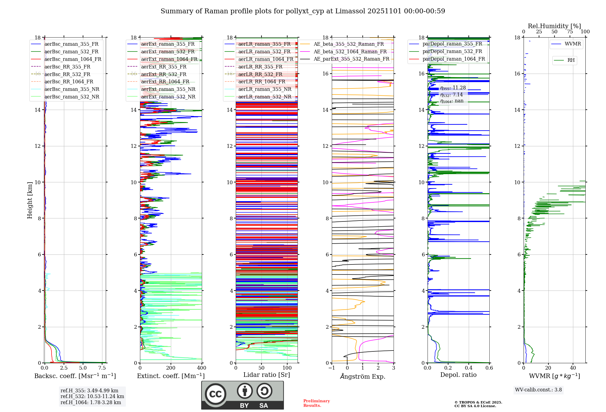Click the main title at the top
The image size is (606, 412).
(x=303, y=11)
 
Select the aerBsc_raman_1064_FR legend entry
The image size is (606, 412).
(x=73, y=59)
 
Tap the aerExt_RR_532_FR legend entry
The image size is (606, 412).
(x=164, y=74)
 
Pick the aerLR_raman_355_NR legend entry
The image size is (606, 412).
(x=265, y=89)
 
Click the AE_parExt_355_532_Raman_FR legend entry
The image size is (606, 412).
(x=351, y=59)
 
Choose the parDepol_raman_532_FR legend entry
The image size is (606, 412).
(x=452, y=51)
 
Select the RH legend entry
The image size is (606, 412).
(x=571, y=60)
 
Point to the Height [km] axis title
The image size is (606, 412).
(x=30, y=200)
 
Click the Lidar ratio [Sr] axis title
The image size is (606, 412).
(x=267, y=375)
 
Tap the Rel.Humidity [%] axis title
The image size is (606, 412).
(x=554, y=26)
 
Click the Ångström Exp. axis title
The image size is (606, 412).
(x=363, y=376)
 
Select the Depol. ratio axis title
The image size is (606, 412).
(x=458, y=375)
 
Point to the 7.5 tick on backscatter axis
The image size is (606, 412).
(x=102, y=368)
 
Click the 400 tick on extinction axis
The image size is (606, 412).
(x=201, y=368)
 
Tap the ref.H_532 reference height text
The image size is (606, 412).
(x=92, y=396)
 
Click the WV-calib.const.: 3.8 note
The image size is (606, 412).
(x=538, y=390)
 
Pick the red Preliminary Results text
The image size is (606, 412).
(x=316, y=403)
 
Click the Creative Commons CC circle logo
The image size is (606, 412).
(x=215, y=394)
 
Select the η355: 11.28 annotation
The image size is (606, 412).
(x=453, y=88)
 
